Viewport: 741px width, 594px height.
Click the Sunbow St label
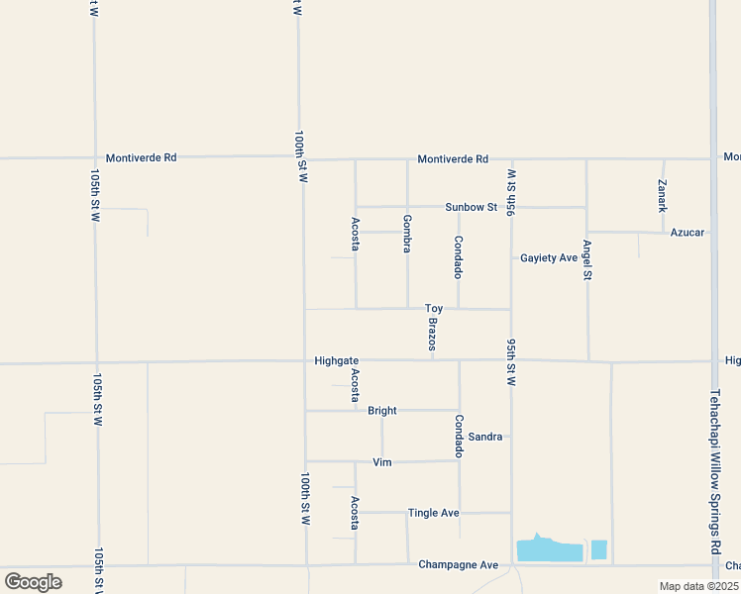click(471, 207)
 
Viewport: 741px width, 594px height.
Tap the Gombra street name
click(407, 233)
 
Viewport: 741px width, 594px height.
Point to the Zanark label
click(663, 195)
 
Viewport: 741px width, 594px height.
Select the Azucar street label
click(688, 233)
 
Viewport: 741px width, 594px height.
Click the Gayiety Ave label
click(549, 258)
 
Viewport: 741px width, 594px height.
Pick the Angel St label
click(586, 259)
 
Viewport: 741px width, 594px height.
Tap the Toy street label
click(434, 309)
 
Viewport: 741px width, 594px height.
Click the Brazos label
click(432, 334)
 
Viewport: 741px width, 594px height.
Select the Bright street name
click(382, 410)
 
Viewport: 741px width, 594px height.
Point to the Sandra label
click(485, 437)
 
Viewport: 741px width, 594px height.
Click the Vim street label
click(382, 462)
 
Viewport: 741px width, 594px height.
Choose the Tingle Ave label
click(434, 513)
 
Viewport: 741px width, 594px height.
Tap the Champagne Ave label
click(458, 564)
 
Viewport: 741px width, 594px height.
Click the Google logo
click(33, 582)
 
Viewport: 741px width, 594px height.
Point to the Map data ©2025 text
click(698, 586)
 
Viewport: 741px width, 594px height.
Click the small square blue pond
click(598, 549)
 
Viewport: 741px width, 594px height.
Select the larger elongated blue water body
click(548, 550)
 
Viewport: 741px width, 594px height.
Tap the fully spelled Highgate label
click(336, 360)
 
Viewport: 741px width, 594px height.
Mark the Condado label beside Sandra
click(459, 436)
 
